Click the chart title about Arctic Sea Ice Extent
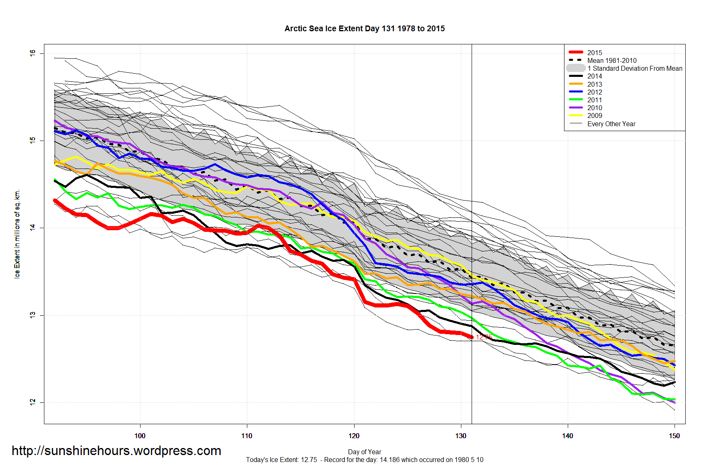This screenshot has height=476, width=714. (364, 29)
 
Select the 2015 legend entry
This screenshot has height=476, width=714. (594, 53)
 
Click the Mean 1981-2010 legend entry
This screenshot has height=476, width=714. (612, 60)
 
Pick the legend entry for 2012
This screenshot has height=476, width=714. (594, 92)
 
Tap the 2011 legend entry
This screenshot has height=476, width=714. (594, 100)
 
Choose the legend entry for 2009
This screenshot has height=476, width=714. (594, 116)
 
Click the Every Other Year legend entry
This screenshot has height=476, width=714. (611, 124)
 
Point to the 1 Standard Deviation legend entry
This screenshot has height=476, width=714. (634, 68)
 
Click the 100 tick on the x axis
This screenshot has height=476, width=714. (140, 436)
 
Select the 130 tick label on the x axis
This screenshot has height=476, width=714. (461, 436)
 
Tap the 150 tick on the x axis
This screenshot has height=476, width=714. (675, 436)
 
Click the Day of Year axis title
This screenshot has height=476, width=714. (364, 452)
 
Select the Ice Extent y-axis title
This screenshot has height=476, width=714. (17, 234)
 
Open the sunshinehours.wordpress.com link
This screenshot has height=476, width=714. (116, 451)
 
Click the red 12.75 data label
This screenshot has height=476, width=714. (484, 337)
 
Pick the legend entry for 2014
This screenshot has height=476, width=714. (594, 76)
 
